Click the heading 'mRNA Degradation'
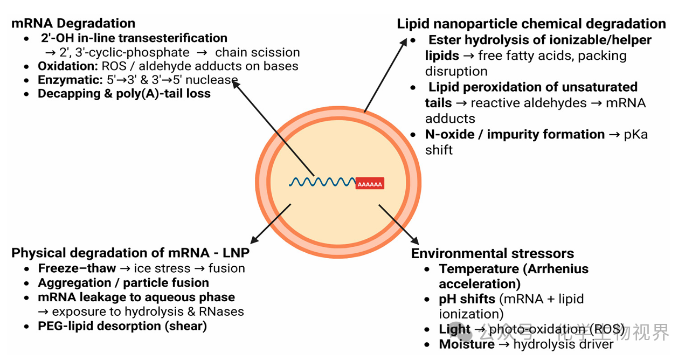(73, 24)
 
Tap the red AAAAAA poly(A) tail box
(370, 183)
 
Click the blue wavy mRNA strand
(322, 182)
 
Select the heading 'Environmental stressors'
(493, 253)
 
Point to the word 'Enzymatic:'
(70, 80)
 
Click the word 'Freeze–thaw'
(77, 268)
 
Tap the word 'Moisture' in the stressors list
(467, 344)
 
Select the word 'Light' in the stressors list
(454, 329)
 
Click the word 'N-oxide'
(450, 134)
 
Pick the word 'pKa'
(636, 135)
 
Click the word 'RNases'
(221, 311)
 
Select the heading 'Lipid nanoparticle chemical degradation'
(531, 24)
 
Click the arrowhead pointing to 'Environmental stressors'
(415, 241)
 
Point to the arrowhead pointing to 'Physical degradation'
(254, 239)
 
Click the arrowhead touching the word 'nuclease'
(236, 85)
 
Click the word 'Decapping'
(69, 94)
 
